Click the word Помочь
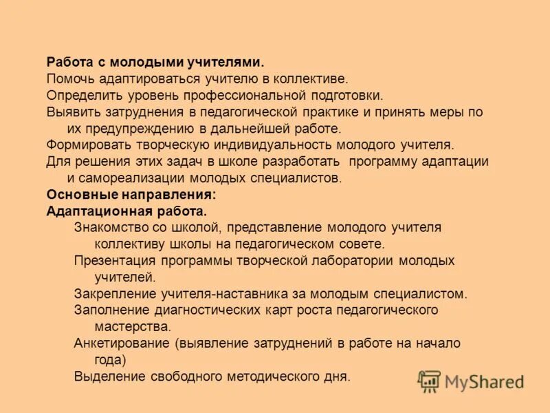pos(69,78)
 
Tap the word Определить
pos(82,95)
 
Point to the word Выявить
pos(71,112)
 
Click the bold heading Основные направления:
pos(121,195)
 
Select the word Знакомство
pos(108,227)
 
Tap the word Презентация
pos(114,261)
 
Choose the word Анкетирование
pos(121,343)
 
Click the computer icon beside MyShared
pos(430,381)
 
